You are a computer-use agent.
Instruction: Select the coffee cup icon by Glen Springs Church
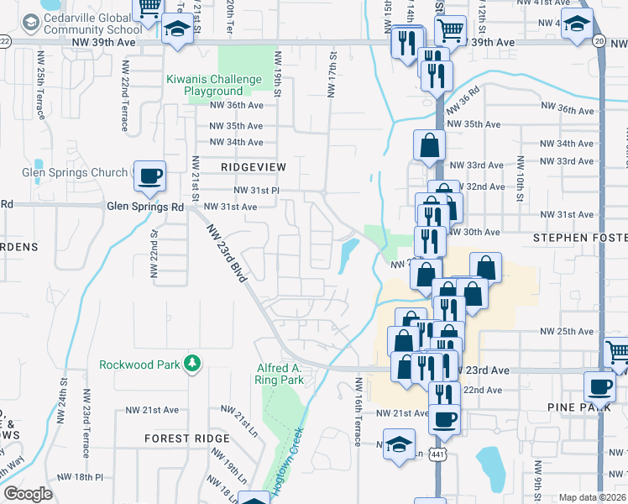[150, 176]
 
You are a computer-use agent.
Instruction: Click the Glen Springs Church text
[75, 173]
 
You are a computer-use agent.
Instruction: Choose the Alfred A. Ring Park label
[279, 374]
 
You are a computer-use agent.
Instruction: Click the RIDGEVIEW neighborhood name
[254, 167]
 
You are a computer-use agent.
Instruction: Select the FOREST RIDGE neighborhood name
[186, 438]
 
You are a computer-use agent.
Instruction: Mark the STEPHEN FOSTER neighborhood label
[580, 238]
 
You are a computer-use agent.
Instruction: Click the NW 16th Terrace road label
[358, 411]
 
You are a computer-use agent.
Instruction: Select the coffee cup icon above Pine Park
[599, 387]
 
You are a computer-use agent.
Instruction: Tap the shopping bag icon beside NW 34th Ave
[429, 144]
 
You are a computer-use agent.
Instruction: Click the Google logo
[28, 493]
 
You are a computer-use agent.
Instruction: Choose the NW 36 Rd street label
[463, 98]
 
